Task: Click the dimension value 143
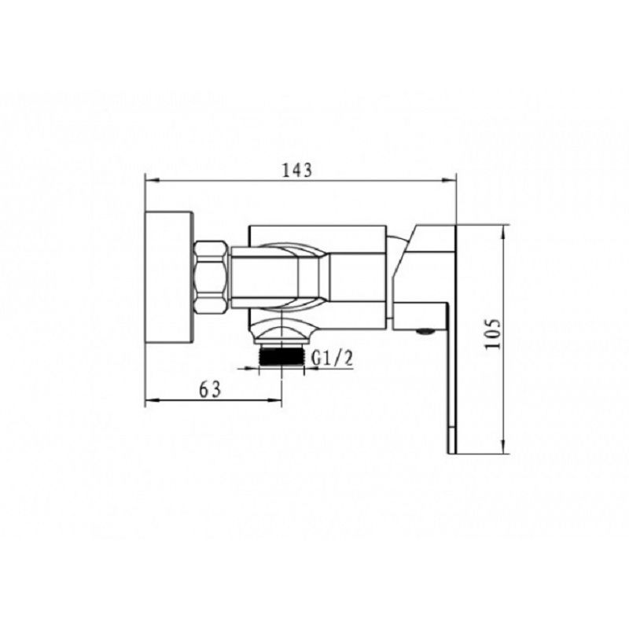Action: click(297, 170)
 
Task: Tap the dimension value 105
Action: click(493, 334)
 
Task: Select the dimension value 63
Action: click(210, 389)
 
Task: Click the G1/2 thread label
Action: click(333, 359)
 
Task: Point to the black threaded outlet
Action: click(282, 355)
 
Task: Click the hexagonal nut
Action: click(212, 278)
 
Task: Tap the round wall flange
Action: click(169, 278)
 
